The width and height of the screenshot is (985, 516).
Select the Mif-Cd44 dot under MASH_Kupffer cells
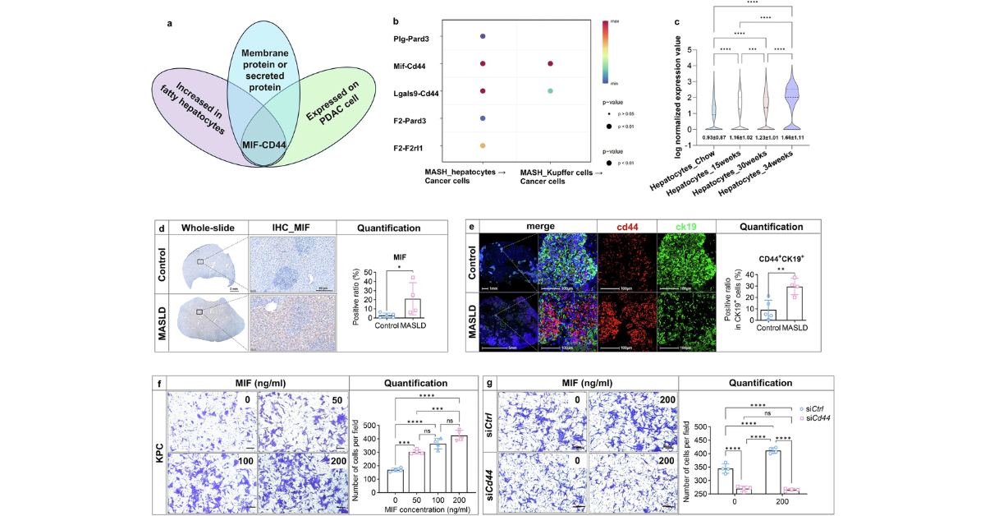tap(550, 63)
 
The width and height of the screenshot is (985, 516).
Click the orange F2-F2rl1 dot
tap(483, 145)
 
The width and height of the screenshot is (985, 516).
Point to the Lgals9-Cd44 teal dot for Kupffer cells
tap(550, 91)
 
